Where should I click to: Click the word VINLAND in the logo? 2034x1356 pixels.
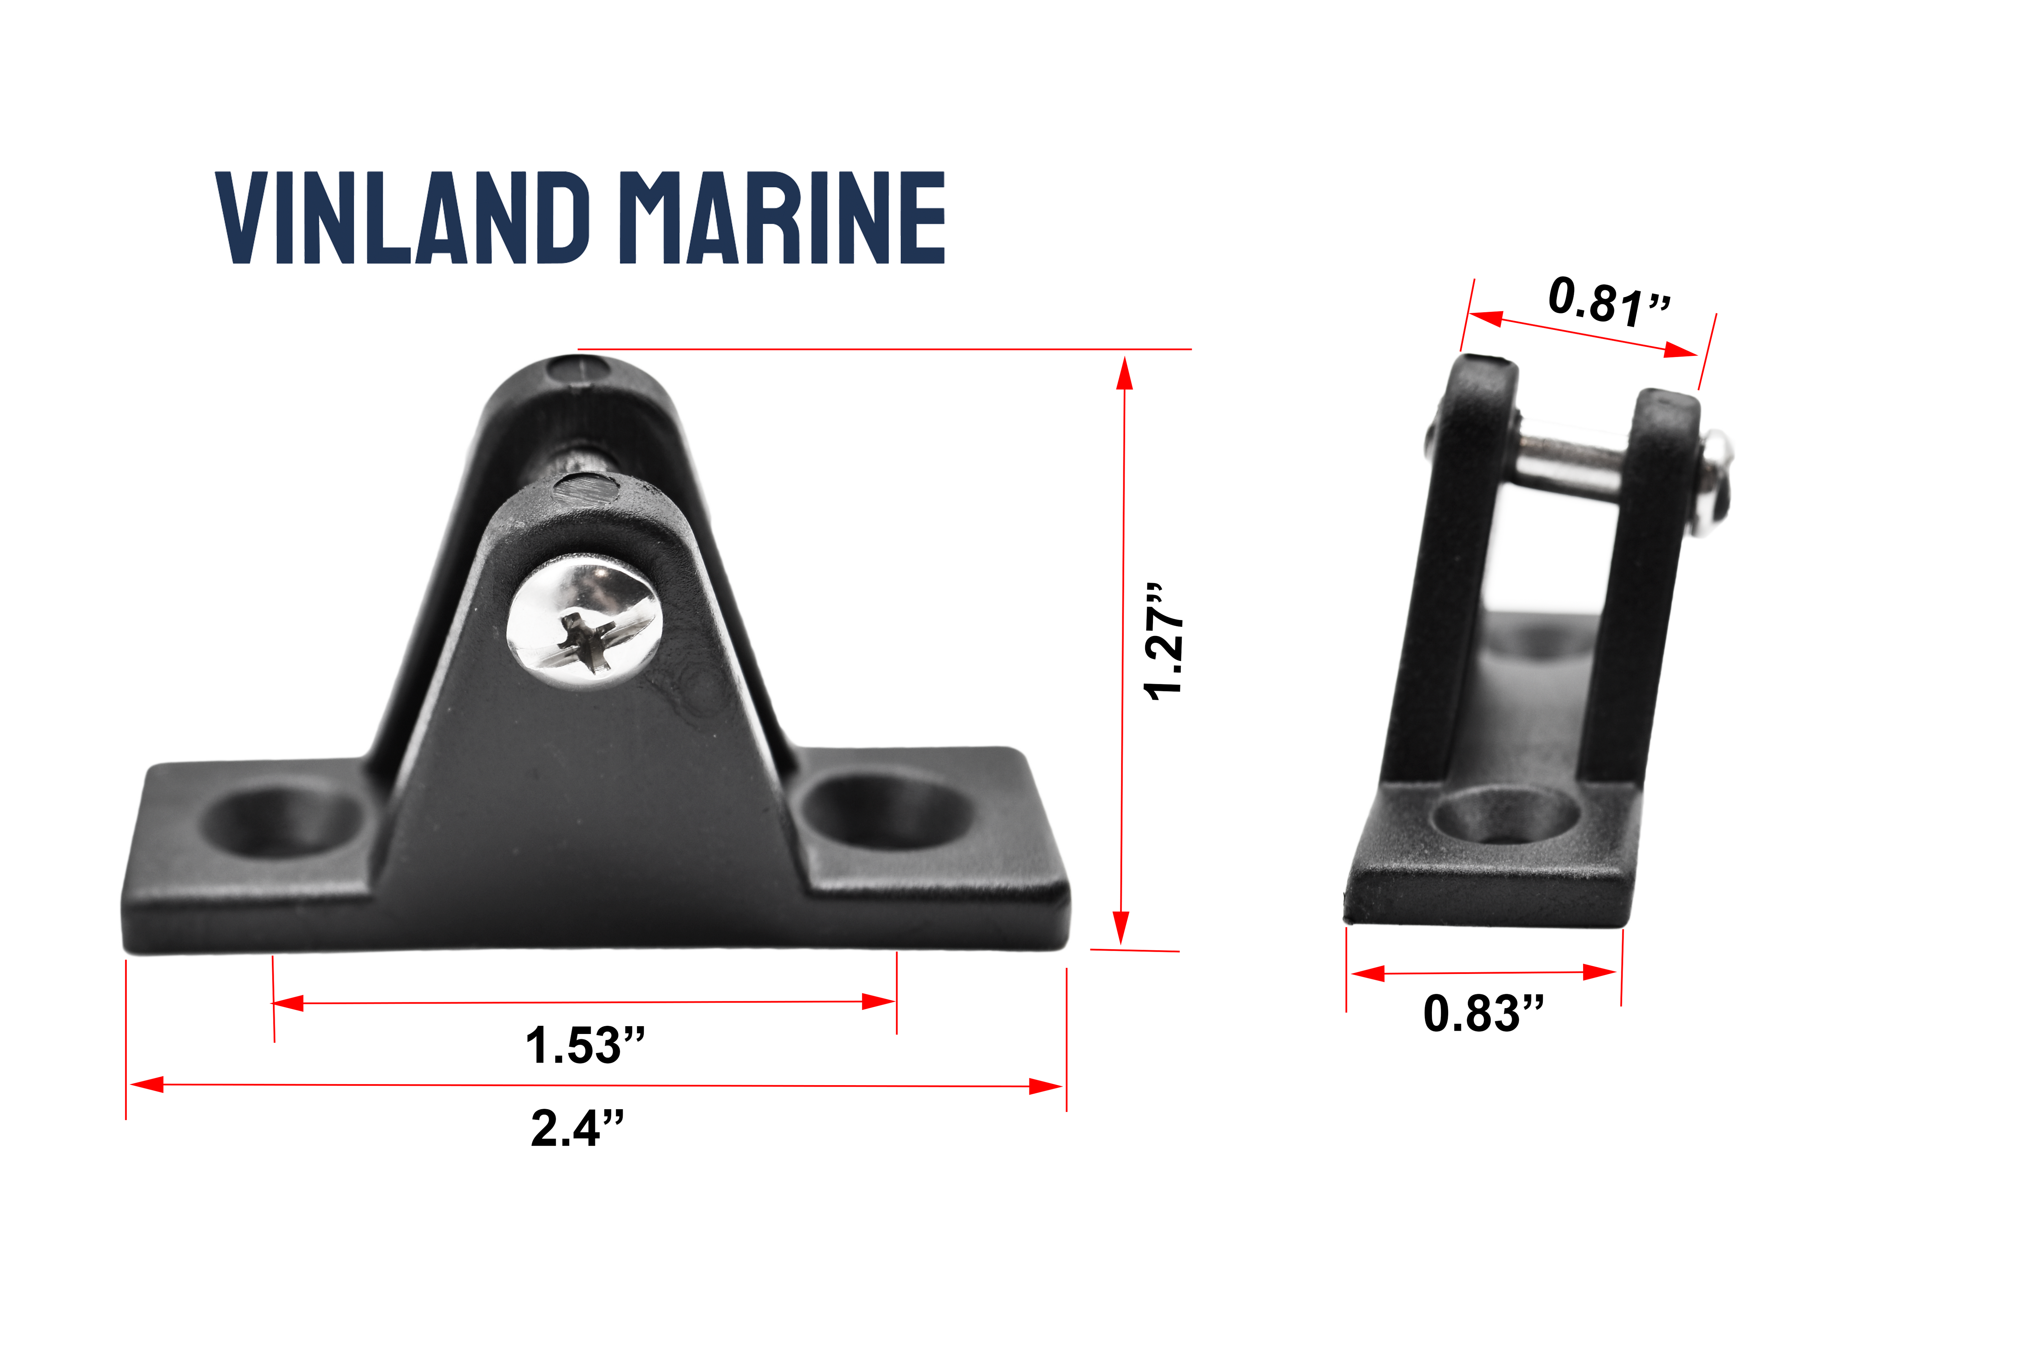point(402,218)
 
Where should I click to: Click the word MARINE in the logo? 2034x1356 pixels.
point(783,218)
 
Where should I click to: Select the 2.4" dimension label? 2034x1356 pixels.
point(577,1129)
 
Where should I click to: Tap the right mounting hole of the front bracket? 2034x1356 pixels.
point(886,811)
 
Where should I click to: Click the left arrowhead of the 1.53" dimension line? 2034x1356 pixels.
point(288,1003)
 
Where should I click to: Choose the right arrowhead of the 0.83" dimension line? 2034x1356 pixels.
point(1600,972)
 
